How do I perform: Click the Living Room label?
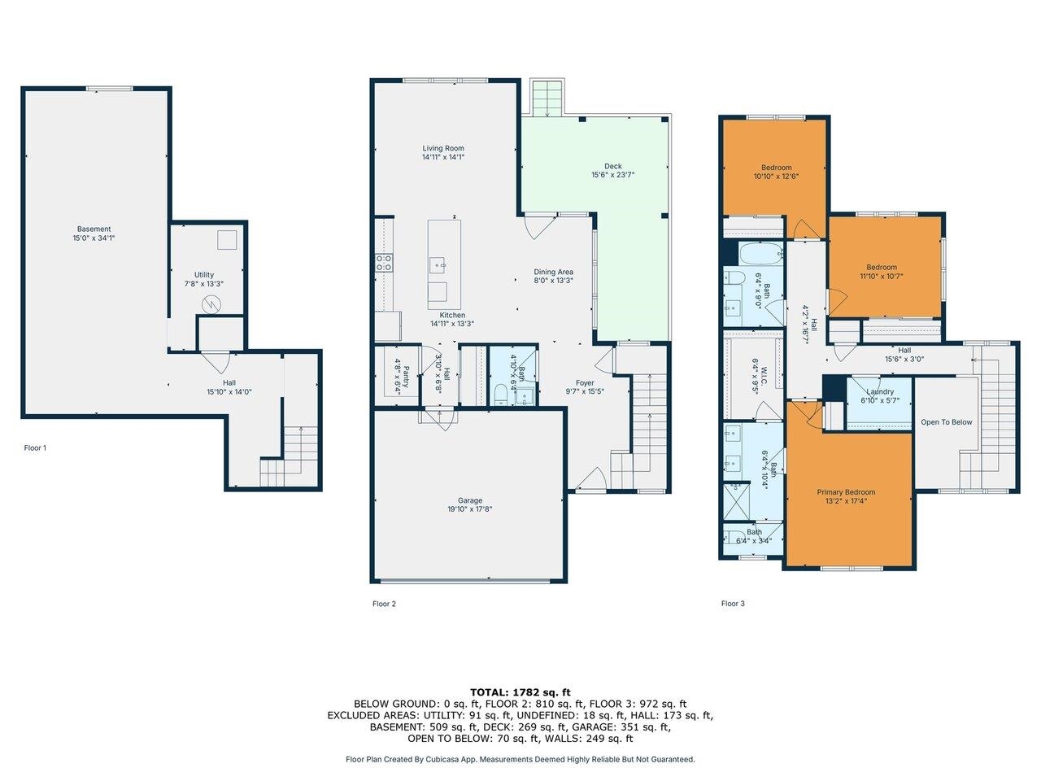tap(443, 148)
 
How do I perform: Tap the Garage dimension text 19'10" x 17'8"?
tap(469, 509)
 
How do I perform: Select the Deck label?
tap(612, 166)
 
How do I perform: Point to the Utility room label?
tap(203, 275)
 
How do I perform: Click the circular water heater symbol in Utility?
tap(211, 304)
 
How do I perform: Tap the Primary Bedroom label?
tap(846, 492)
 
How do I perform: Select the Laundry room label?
tap(880, 391)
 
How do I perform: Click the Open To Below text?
tap(946, 422)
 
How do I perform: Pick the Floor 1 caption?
tap(35, 447)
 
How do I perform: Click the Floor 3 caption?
tap(732, 604)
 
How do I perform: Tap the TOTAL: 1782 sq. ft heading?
tap(520, 692)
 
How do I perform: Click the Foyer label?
tap(584, 382)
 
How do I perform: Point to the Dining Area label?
tap(553, 272)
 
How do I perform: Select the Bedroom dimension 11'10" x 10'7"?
tap(881, 277)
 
